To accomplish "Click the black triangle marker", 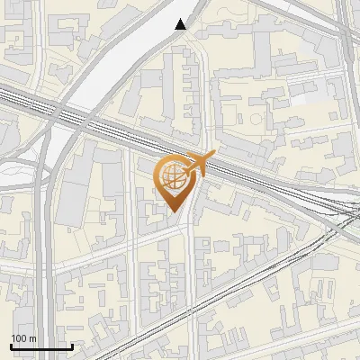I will point(181,25).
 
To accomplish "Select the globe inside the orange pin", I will point(172,175).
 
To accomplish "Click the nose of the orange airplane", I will point(215,157).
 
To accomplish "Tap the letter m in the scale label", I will point(31,338).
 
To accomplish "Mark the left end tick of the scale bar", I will point(12,346).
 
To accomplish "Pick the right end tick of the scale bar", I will point(72,346).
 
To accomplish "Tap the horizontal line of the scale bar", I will point(41,346).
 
